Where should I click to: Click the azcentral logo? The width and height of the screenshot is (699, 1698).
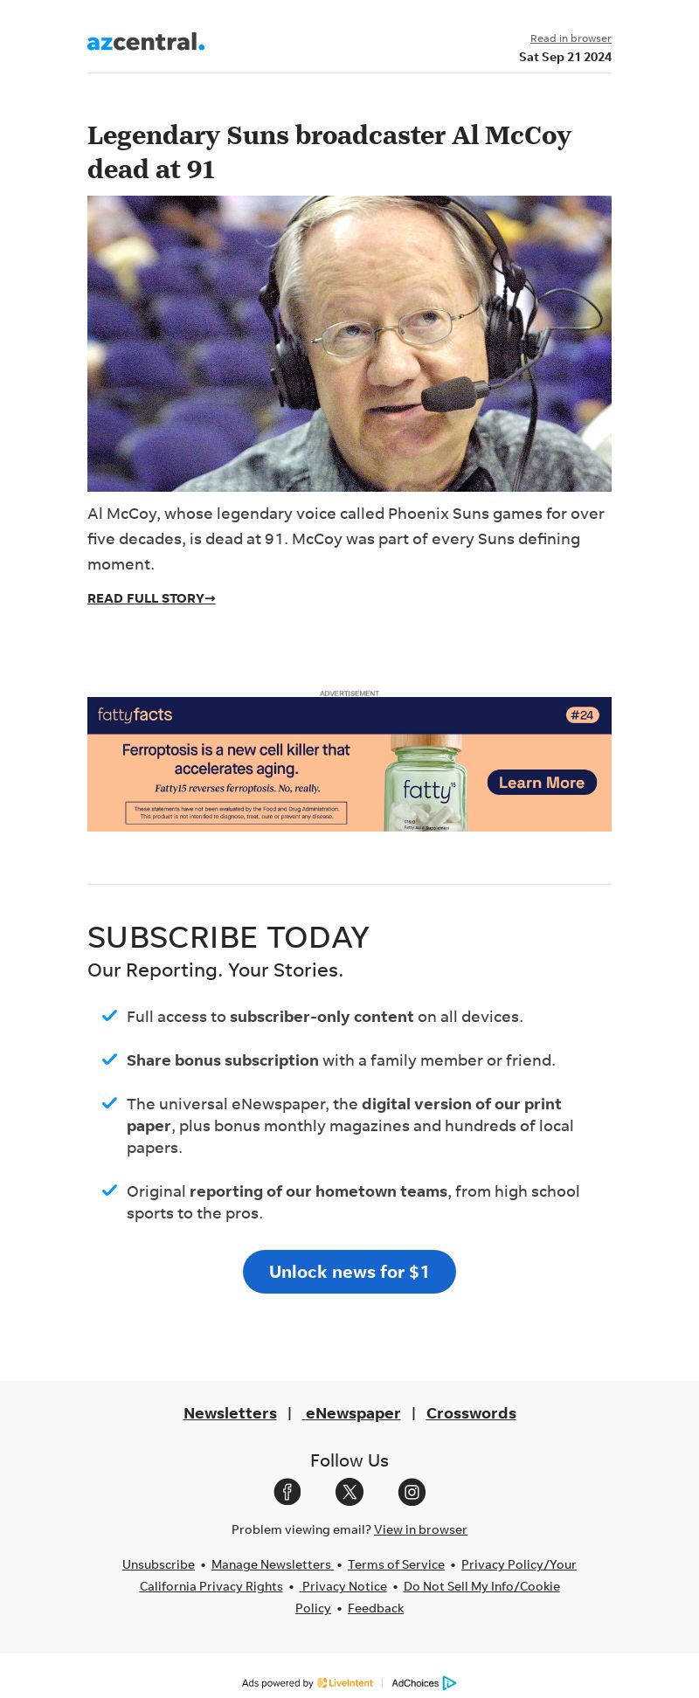point(146,42)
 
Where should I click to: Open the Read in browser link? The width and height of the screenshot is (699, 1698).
point(571,38)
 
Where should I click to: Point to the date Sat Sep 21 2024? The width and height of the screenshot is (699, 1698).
point(564,57)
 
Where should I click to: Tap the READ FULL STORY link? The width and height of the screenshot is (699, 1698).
point(151,598)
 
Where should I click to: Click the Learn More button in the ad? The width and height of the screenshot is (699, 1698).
point(542,783)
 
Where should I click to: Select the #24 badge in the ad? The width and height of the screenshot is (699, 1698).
point(582,715)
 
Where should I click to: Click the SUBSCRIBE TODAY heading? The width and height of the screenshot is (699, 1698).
point(228,937)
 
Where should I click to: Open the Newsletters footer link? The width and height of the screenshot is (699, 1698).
point(230,1413)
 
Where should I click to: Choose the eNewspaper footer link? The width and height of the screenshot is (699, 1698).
point(352,1413)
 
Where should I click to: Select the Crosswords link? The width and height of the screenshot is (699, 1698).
point(471,1413)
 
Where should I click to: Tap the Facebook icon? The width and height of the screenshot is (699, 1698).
point(287,1492)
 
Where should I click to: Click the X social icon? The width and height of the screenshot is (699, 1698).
point(349,1492)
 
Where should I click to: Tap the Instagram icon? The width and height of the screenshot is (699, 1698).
point(412,1492)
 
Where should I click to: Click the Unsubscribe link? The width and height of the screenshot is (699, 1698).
point(158,1564)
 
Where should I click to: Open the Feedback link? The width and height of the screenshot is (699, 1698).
point(376,1608)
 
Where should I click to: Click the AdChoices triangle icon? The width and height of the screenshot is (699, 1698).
point(450,1683)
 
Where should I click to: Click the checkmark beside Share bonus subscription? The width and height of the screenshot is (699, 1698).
point(109,1060)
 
